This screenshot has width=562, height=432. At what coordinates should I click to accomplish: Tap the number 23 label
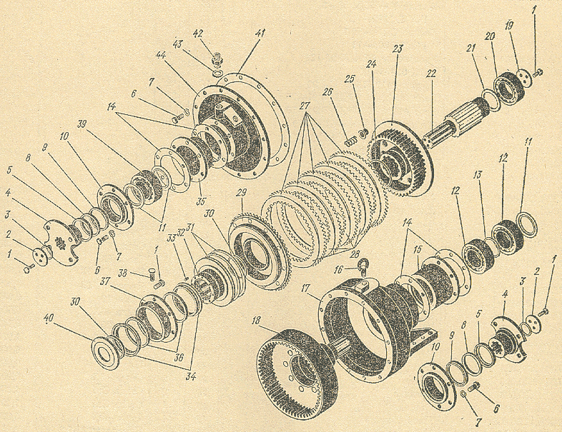398,49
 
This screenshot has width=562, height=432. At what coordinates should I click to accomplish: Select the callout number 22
430,75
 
